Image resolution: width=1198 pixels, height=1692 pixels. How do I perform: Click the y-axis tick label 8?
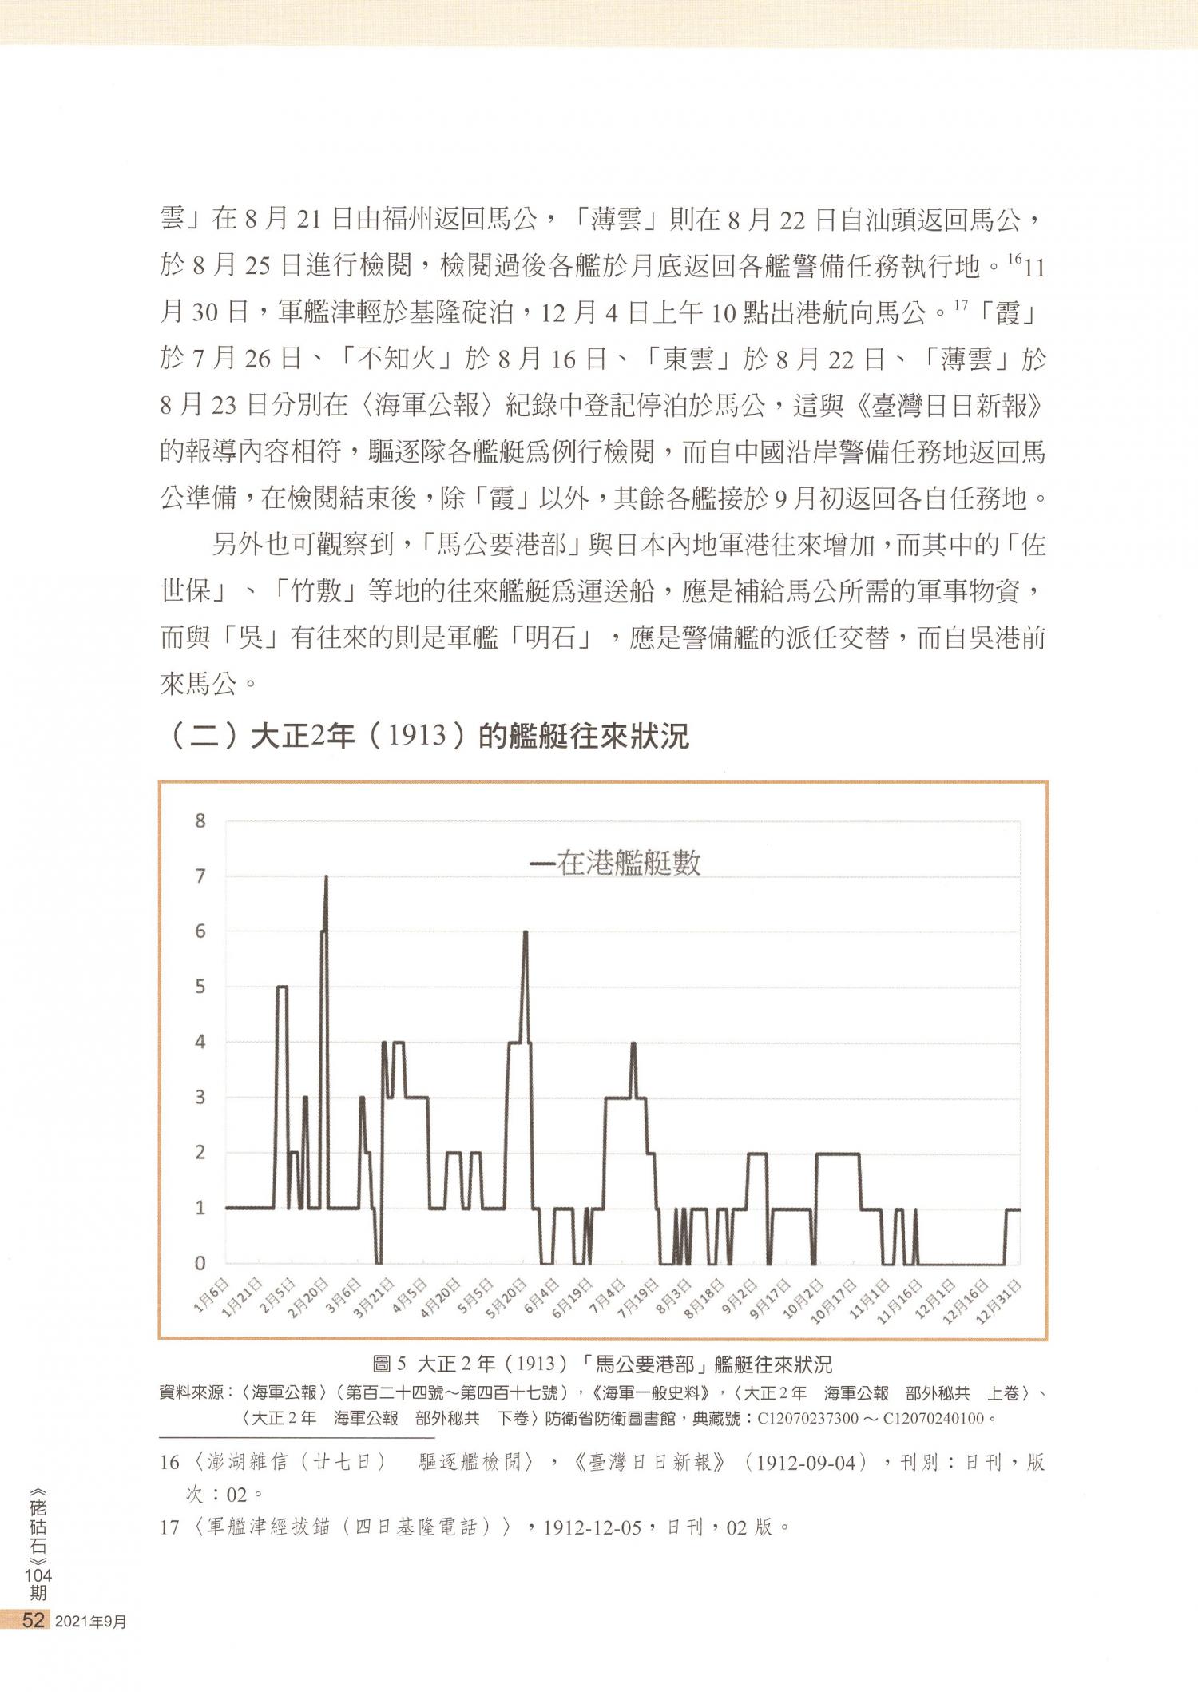tap(200, 820)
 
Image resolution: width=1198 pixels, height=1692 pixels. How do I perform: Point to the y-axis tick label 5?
tap(200, 987)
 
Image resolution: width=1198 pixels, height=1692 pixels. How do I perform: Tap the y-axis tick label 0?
tap(200, 1263)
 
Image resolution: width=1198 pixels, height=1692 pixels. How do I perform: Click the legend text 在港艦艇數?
tap(629, 864)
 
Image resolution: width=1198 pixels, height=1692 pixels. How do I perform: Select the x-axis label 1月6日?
tap(212, 1295)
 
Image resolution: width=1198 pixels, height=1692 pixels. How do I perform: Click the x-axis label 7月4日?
tap(608, 1295)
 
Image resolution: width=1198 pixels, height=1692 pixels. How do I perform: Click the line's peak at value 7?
tap(326, 878)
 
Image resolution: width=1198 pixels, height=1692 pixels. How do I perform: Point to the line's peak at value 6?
tap(526, 932)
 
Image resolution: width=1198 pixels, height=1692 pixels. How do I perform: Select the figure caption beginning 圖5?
tap(603, 1364)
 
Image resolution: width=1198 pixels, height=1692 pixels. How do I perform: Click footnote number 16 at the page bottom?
tap(169, 1463)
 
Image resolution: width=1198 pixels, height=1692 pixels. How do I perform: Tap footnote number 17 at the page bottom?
tap(169, 1527)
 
